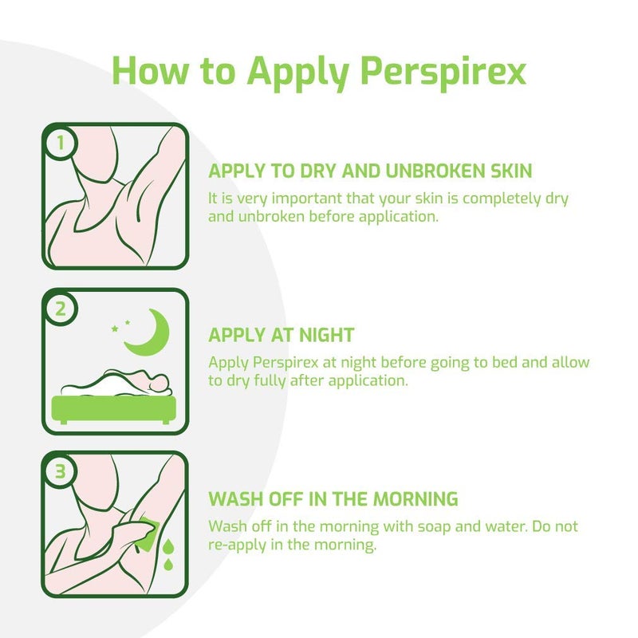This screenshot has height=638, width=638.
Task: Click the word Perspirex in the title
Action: click(x=443, y=70)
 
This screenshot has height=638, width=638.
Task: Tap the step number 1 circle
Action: click(x=61, y=144)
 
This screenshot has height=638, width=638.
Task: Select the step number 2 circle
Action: click(x=61, y=309)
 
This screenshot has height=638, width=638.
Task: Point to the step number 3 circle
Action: click(x=61, y=472)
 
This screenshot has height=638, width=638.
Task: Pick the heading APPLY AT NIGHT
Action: click(x=281, y=335)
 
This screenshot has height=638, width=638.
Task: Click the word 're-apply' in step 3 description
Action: click(x=235, y=546)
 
